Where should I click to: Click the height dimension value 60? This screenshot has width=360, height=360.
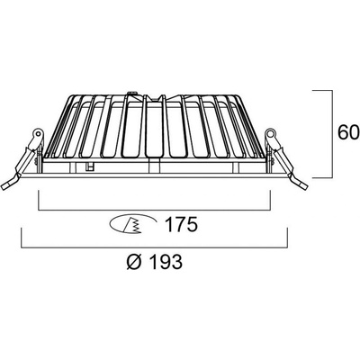point(348,132)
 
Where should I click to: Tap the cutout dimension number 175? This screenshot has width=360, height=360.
point(182,224)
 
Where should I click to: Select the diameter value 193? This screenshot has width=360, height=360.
point(166,262)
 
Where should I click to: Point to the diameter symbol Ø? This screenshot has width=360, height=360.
point(134,262)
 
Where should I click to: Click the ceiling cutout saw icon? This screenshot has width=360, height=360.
point(133,224)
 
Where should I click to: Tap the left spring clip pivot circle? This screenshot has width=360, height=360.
point(38,132)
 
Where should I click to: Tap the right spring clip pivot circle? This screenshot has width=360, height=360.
point(270,132)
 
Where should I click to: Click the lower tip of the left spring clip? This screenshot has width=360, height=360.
point(4,187)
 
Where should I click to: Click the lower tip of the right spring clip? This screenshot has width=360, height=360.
point(304,186)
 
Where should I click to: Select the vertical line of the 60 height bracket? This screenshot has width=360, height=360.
point(333,134)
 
